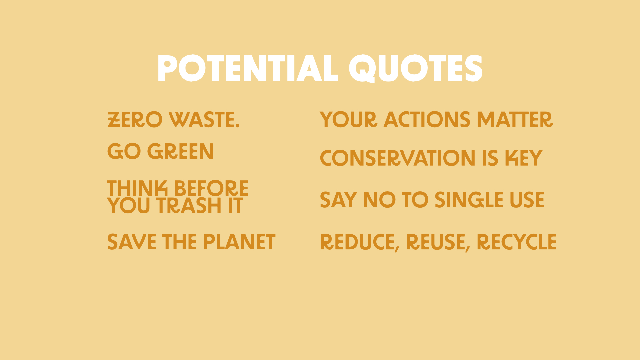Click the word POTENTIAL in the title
pos(248,68)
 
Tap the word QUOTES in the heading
pos(416,68)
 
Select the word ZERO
pos(135,120)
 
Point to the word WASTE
pos(202,120)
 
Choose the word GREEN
pos(180,151)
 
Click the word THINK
pos(137,188)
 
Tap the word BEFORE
pos(211,188)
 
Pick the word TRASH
pos(190,205)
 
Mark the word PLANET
pos(239,242)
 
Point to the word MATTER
pos(515,120)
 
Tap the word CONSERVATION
pos(398,158)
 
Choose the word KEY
pos(524,158)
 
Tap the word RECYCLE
pos(517,242)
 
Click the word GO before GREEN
pos(124,151)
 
